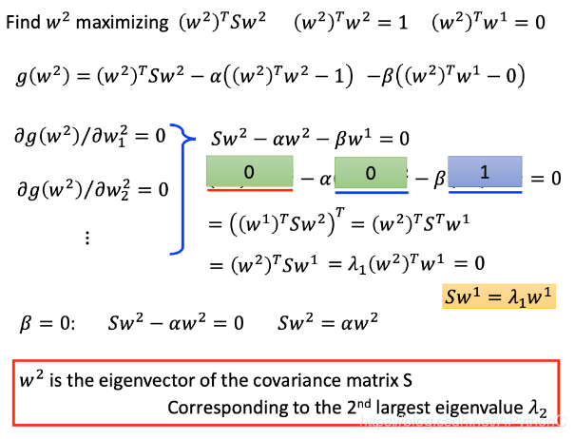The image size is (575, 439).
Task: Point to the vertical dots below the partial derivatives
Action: [88, 237]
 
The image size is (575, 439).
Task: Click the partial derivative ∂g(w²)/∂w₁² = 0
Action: [91, 135]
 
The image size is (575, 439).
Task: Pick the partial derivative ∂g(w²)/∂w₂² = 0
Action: [91, 189]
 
